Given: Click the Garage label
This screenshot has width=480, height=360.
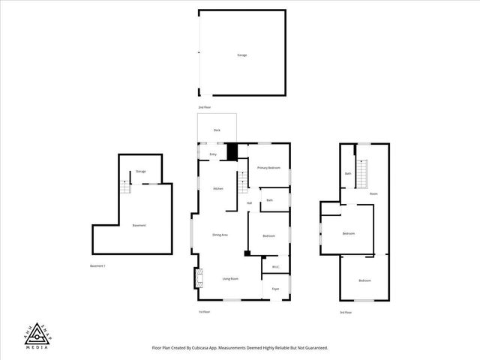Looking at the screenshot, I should (242, 55).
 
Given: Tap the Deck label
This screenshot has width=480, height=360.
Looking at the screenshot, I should (217, 130).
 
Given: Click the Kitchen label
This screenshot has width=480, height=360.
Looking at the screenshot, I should (218, 188).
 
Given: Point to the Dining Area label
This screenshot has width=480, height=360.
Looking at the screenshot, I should (220, 235).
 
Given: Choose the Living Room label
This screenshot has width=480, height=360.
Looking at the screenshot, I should (230, 279).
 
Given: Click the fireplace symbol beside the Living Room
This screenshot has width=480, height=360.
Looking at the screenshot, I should (198, 279).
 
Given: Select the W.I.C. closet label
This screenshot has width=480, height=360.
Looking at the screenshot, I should (275, 265).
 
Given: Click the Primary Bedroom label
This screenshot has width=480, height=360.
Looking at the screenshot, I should (268, 168).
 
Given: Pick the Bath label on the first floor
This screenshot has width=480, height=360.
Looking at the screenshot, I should (269, 200).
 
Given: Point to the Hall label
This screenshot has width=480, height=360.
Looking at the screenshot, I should (249, 202).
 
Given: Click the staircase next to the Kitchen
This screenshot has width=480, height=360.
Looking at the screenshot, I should (242, 181).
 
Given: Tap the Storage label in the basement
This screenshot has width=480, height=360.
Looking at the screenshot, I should (141, 172).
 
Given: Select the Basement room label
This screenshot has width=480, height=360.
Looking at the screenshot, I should (139, 226).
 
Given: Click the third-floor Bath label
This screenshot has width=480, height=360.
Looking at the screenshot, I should (348, 173).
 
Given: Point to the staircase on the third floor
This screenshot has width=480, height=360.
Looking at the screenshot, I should (363, 176).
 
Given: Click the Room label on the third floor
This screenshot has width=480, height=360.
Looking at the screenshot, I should (373, 193).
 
